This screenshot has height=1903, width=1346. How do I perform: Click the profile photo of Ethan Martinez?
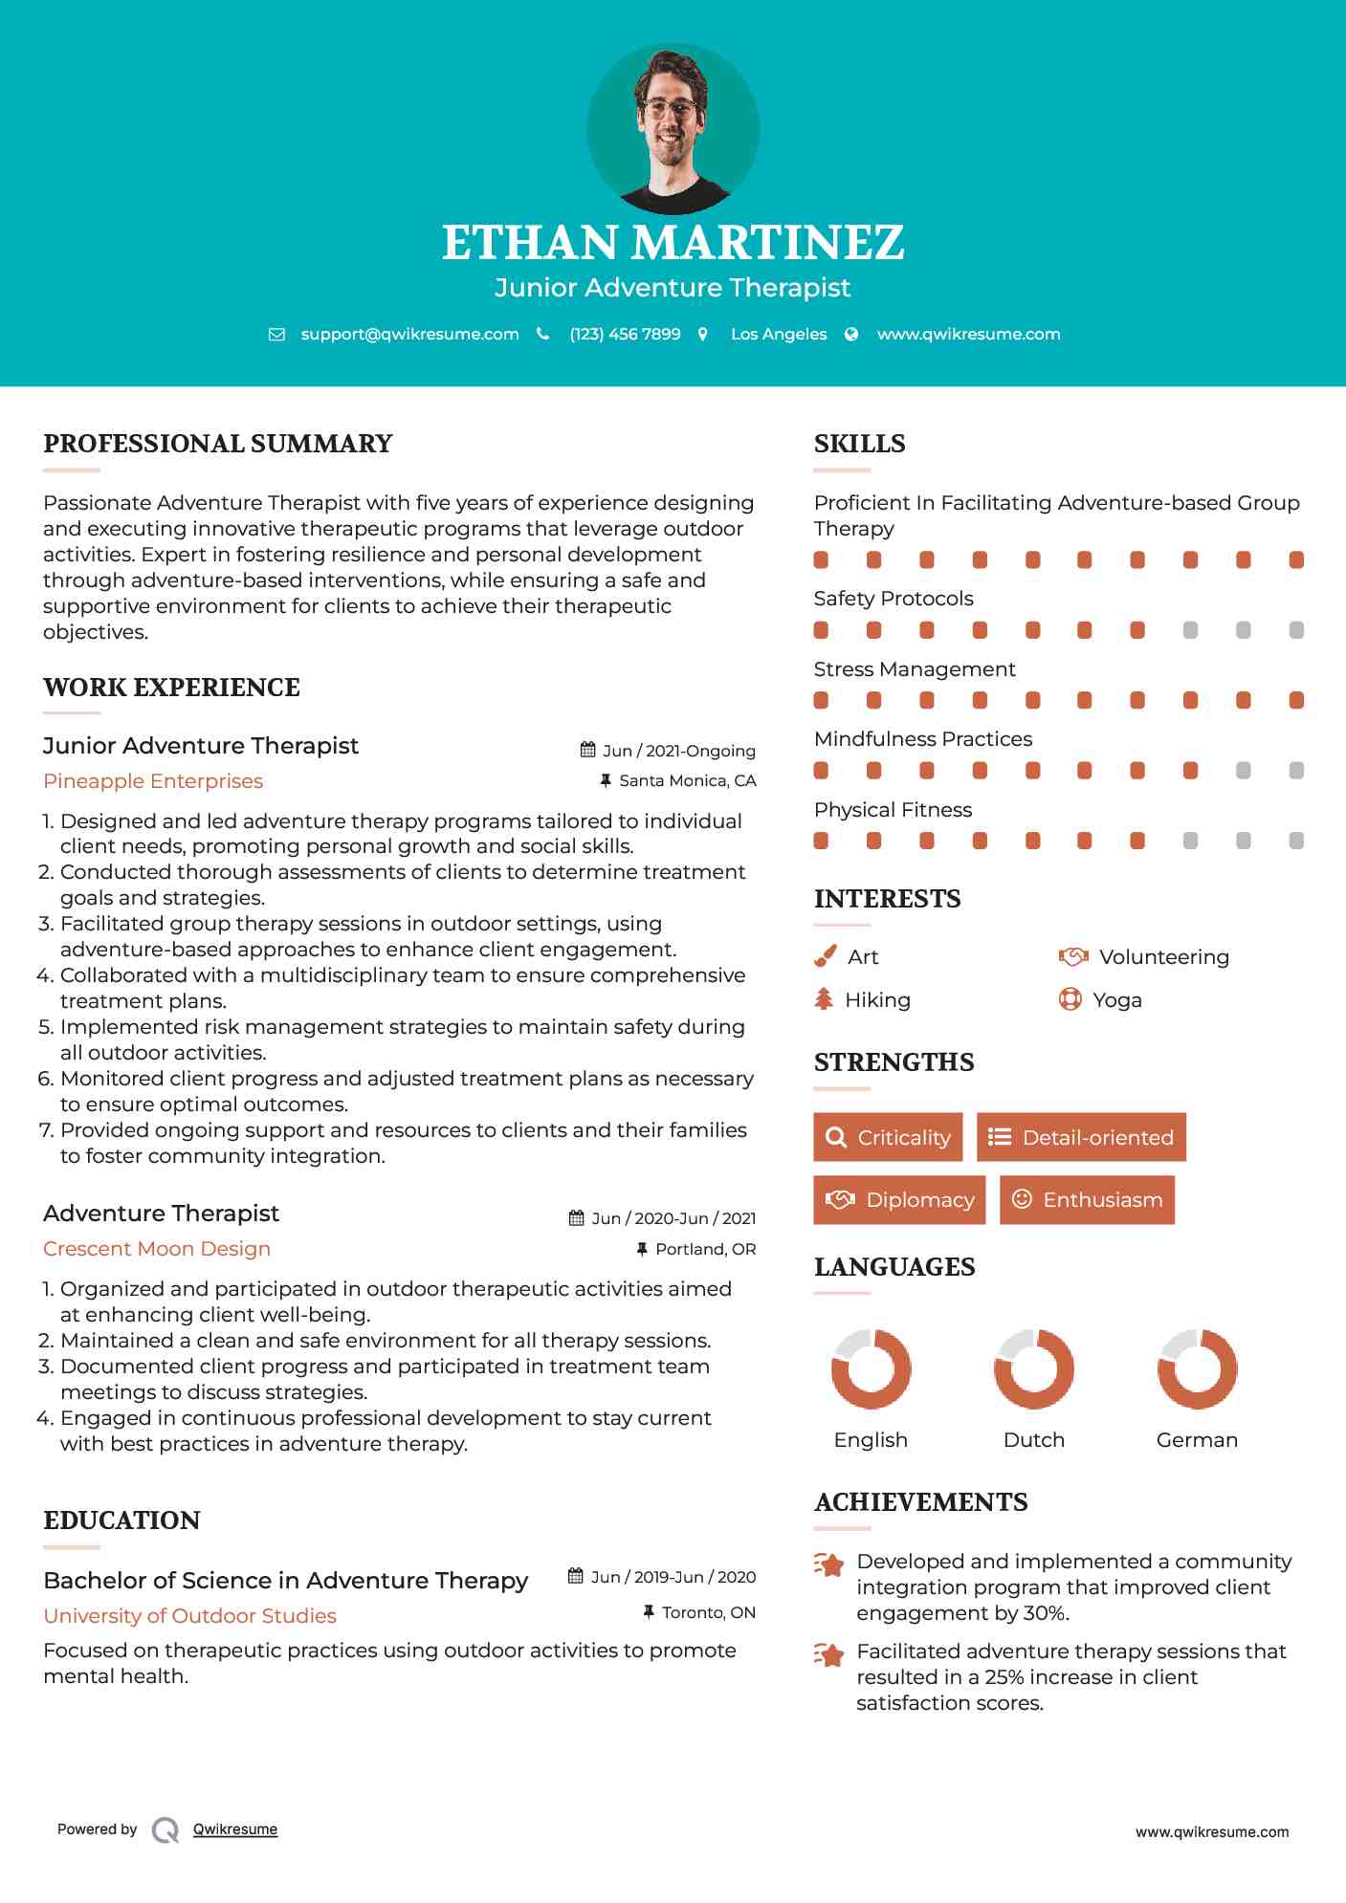click(x=673, y=128)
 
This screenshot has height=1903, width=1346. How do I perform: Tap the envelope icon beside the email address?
click(x=276, y=335)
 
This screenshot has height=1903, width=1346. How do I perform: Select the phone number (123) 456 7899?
click(x=625, y=335)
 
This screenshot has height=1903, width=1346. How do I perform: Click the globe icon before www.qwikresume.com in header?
click(x=851, y=335)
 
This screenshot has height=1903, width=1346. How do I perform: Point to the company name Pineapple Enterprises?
click(x=153, y=781)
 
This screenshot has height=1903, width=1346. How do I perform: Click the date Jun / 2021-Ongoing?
click(x=678, y=751)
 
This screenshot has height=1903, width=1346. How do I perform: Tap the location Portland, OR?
click(x=705, y=1249)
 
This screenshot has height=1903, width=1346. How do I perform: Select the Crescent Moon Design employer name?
click(x=157, y=1249)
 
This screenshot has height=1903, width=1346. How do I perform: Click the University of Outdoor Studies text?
click(x=189, y=1616)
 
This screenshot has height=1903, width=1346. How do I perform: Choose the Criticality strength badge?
click(x=888, y=1137)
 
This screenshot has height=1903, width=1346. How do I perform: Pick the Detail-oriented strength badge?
click(x=1081, y=1137)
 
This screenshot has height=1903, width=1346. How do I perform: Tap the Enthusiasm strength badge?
click(x=1087, y=1199)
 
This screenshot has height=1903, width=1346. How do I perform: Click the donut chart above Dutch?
click(x=1034, y=1368)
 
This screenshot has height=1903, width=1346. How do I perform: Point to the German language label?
click(x=1197, y=1440)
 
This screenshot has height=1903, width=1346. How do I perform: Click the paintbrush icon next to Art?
click(x=825, y=957)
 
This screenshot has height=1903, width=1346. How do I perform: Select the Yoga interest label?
click(x=1117, y=1000)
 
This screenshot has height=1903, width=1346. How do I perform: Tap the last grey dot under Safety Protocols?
click(x=1296, y=630)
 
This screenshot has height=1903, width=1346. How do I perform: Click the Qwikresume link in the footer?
click(x=235, y=1829)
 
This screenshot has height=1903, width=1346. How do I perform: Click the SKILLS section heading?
click(x=859, y=444)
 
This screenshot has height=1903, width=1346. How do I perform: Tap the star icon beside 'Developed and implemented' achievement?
click(x=829, y=1565)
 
